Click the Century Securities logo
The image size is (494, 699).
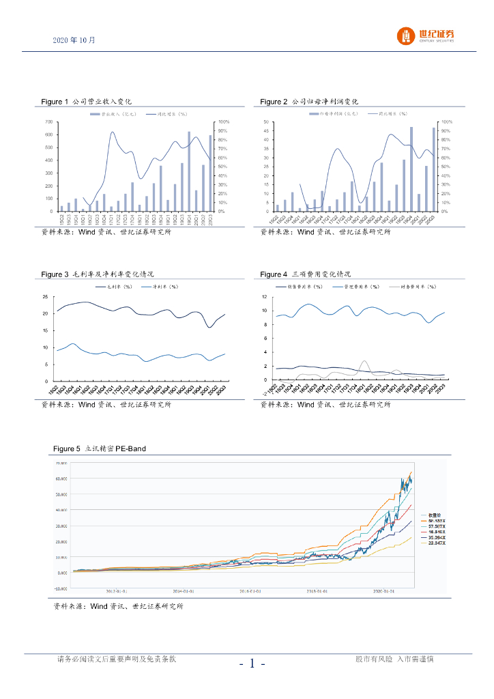(426, 36)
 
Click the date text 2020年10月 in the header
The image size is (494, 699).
(74, 40)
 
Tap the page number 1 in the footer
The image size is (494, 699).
(252, 663)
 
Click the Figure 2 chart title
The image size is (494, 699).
(309, 102)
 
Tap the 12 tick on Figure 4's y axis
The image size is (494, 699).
(265, 297)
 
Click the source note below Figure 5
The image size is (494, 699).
(118, 606)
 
